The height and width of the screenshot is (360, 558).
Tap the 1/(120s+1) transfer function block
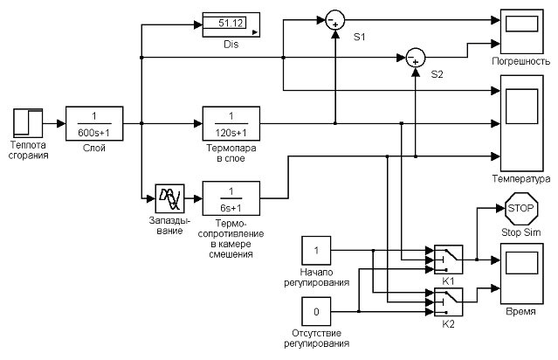(231, 123)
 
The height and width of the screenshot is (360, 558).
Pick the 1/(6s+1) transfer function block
(231, 197)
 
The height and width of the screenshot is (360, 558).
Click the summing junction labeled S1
(334, 19)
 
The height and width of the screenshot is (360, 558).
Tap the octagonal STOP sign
(522, 210)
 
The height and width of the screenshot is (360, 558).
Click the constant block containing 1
(316, 252)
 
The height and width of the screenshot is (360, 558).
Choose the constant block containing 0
(316, 311)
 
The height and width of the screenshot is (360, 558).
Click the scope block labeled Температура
(522, 122)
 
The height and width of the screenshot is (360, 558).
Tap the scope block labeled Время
(522, 274)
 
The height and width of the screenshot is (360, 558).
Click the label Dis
(231, 44)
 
